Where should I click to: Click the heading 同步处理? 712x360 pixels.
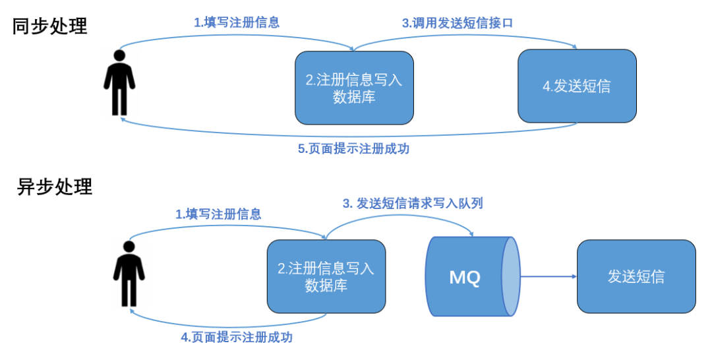point(50,26)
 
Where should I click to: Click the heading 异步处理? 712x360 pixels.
point(55,187)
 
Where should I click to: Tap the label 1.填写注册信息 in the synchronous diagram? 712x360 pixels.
point(237,22)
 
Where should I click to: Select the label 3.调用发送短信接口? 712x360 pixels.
point(458,22)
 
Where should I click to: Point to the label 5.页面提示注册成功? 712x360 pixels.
point(353,148)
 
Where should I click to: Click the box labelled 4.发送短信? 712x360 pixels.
point(577,86)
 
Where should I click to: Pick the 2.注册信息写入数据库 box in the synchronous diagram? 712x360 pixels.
point(354,87)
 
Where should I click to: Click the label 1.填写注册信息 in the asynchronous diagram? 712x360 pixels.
point(218,214)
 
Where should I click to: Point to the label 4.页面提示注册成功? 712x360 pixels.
point(237,337)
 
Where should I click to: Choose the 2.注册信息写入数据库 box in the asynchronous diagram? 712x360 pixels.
point(326,276)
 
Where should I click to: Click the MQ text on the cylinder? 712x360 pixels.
point(465,278)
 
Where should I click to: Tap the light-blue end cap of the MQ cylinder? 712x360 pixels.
point(510,277)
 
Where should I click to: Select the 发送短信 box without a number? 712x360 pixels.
point(636,276)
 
